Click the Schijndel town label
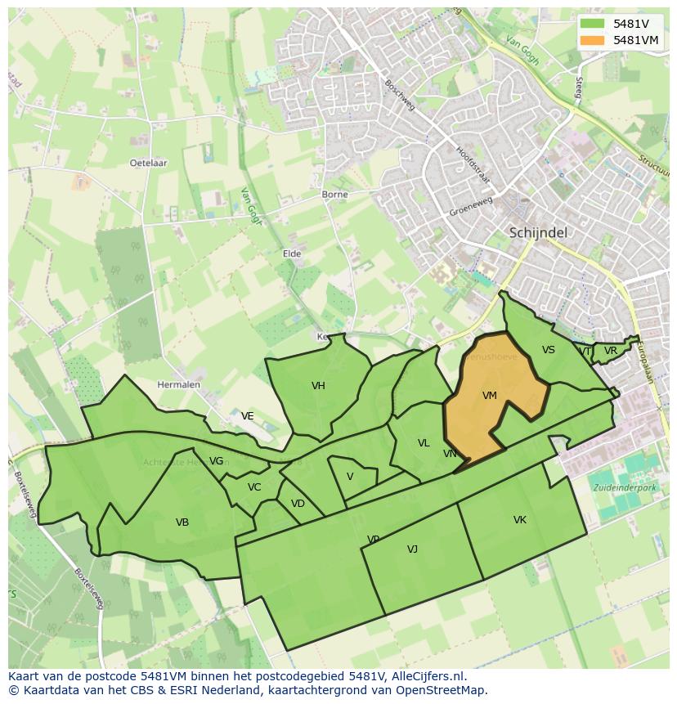tap(537, 232)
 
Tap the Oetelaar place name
tap(148, 163)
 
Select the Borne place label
tap(334, 195)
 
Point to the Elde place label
tap(292, 253)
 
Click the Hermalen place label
tap(178, 384)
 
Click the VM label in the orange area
tap(489, 396)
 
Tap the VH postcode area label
tap(318, 386)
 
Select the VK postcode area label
tap(519, 520)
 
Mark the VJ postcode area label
tap(412, 549)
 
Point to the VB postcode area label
tap(182, 522)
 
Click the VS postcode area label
tap(548, 350)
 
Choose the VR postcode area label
tap(610, 351)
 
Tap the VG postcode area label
tap(216, 461)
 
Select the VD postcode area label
tap(298, 504)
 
